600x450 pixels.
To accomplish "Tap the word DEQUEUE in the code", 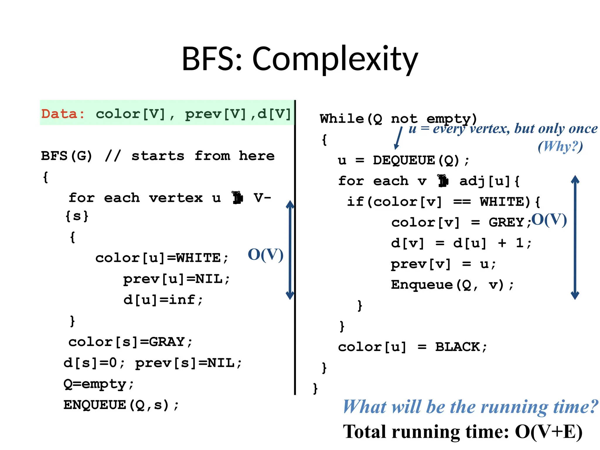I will (x=404, y=160).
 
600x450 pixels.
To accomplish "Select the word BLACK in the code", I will (x=457, y=347).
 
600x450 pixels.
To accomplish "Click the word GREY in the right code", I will (x=506, y=222).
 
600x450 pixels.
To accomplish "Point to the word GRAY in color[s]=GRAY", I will (x=167, y=342).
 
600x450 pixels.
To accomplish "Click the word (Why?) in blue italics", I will (x=560, y=146).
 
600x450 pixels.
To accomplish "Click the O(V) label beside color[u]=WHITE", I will (x=265, y=255).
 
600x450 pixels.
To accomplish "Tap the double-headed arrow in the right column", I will (x=575, y=237).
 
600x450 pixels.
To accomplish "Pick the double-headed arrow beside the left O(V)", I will (x=290, y=250).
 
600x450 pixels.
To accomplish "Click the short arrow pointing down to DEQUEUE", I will (x=398, y=138).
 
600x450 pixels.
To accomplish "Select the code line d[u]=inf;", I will (x=163, y=300).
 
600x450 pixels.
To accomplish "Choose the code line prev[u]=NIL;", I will (x=176, y=279).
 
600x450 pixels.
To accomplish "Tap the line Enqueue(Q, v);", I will (x=452, y=285).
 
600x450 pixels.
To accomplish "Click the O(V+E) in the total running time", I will (x=548, y=432).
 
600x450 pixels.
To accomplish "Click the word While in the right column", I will (x=342, y=119).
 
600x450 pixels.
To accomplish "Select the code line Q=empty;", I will (x=98, y=384).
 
